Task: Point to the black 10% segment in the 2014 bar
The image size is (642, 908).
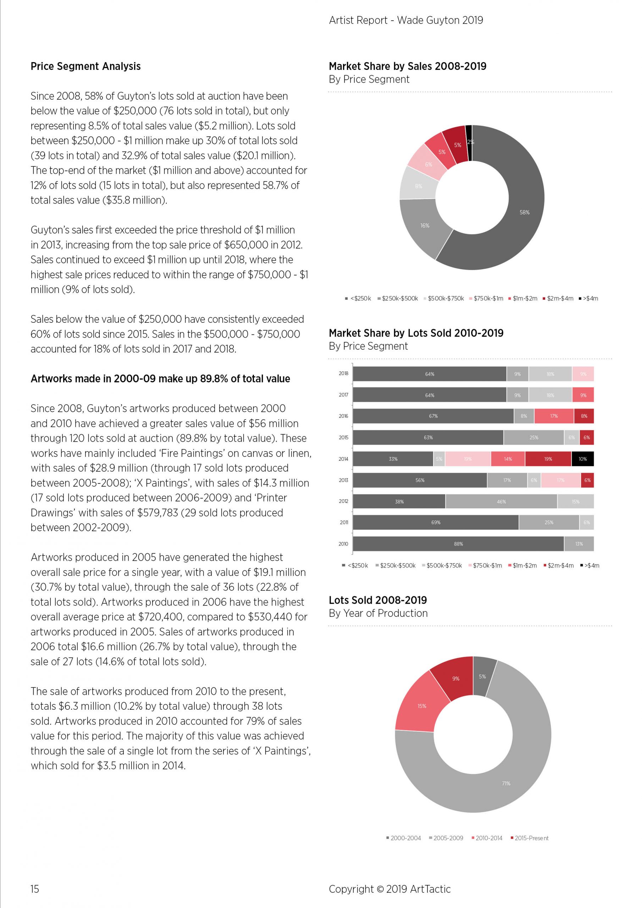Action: [583, 459]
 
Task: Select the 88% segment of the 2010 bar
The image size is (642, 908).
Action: [458, 544]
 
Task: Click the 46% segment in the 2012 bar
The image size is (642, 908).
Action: [501, 502]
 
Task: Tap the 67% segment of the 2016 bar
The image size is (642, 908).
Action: [433, 416]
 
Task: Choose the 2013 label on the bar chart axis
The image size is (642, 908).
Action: [343, 480]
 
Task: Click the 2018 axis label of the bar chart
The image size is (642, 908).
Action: [343, 373]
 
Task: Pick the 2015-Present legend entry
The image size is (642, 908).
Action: [530, 838]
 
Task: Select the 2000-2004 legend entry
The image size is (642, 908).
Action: [404, 838]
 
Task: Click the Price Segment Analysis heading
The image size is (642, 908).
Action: [85, 66]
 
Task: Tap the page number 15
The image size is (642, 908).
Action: [35, 889]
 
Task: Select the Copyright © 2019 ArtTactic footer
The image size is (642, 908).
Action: [389, 889]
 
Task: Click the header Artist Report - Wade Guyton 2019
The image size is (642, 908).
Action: [406, 20]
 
